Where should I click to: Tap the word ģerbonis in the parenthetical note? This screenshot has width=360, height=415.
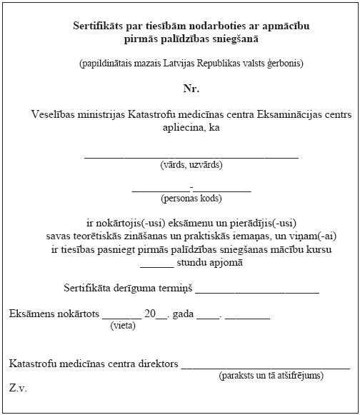[x=284, y=63]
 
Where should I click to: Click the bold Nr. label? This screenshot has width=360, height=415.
[x=191, y=89]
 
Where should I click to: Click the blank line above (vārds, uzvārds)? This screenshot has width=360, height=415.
[x=191, y=155]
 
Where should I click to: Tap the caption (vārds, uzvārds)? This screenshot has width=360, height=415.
[x=191, y=165]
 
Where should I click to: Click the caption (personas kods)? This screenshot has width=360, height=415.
[x=191, y=199]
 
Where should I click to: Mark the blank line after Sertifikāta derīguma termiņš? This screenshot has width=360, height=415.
[x=256, y=291]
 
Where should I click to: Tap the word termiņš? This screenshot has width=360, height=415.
[x=174, y=289]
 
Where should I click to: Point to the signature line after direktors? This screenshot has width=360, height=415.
[x=265, y=367]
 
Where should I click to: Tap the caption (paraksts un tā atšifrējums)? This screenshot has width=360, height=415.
[x=271, y=375]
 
